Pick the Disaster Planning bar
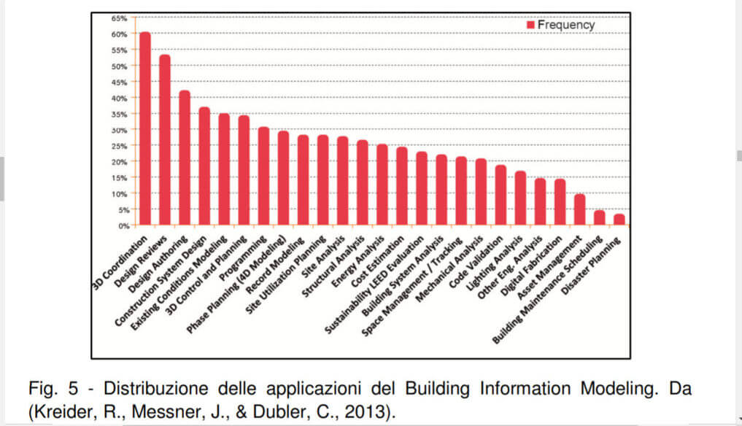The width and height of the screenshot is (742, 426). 619,220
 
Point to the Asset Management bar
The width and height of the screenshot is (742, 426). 579,210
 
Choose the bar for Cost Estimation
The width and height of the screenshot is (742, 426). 401,187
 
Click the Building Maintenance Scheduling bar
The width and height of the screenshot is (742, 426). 599,218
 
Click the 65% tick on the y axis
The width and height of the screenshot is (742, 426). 120,18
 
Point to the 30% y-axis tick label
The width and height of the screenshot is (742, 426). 120,130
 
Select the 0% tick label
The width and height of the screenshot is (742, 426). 122,225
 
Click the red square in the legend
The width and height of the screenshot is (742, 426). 530,25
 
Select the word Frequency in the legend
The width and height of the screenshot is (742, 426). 565,25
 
